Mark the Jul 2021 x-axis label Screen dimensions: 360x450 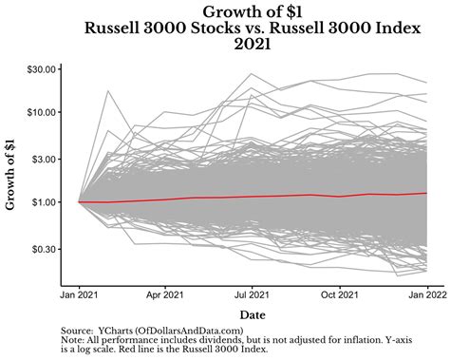(253, 295)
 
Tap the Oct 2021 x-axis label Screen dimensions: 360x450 (341, 295)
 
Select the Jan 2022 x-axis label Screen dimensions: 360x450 (426, 295)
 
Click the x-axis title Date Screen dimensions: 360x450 (253, 313)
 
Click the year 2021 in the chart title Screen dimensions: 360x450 (253, 43)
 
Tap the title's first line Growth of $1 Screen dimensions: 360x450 (253, 10)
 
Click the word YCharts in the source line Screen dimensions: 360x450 (115, 329)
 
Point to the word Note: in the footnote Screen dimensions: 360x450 (73, 339)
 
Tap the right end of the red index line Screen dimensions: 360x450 (426, 193)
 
